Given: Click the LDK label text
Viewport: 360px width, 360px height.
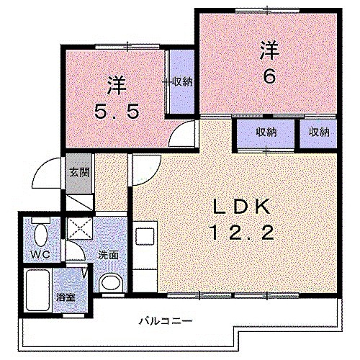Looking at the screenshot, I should tap(240, 207).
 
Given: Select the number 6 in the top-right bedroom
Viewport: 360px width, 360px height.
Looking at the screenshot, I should tap(269, 76).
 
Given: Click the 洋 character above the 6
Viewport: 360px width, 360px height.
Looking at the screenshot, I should tap(269, 50).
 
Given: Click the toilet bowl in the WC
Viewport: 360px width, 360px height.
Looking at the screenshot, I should tap(40, 234).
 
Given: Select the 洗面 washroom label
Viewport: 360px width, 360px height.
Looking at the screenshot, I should tap(109, 255).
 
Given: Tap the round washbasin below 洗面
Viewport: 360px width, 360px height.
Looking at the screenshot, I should tap(110, 283).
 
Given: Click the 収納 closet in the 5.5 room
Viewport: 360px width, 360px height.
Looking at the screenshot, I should tap(181, 81).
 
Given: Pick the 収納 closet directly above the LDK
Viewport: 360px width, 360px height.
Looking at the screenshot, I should tap(266, 132).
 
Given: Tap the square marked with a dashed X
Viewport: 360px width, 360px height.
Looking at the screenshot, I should tap(78, 230).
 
